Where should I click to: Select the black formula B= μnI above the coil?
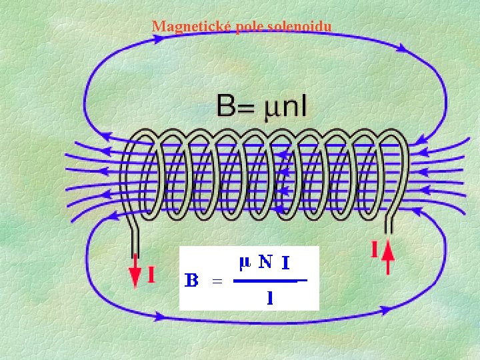coord(261,106)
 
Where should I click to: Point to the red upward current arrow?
coord(388,257)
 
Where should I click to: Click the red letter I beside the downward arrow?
coord(151,274)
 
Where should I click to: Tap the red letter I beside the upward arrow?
coord(374,249)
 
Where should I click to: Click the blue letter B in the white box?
coord(191,280)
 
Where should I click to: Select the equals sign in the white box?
coord(217,281)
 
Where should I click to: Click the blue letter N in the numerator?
coord(265,262)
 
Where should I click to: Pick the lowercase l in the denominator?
coord(270,297)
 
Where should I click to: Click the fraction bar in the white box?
coord(270,281)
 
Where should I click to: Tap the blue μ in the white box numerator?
coord(245,264)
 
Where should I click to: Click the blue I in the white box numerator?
coord(285,263)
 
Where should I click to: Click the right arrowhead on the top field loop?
coord(401,47)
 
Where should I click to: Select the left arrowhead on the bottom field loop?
coord(159,316)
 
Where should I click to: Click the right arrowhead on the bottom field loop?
coord(385,311)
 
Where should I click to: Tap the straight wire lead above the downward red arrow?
coord(135,242)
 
